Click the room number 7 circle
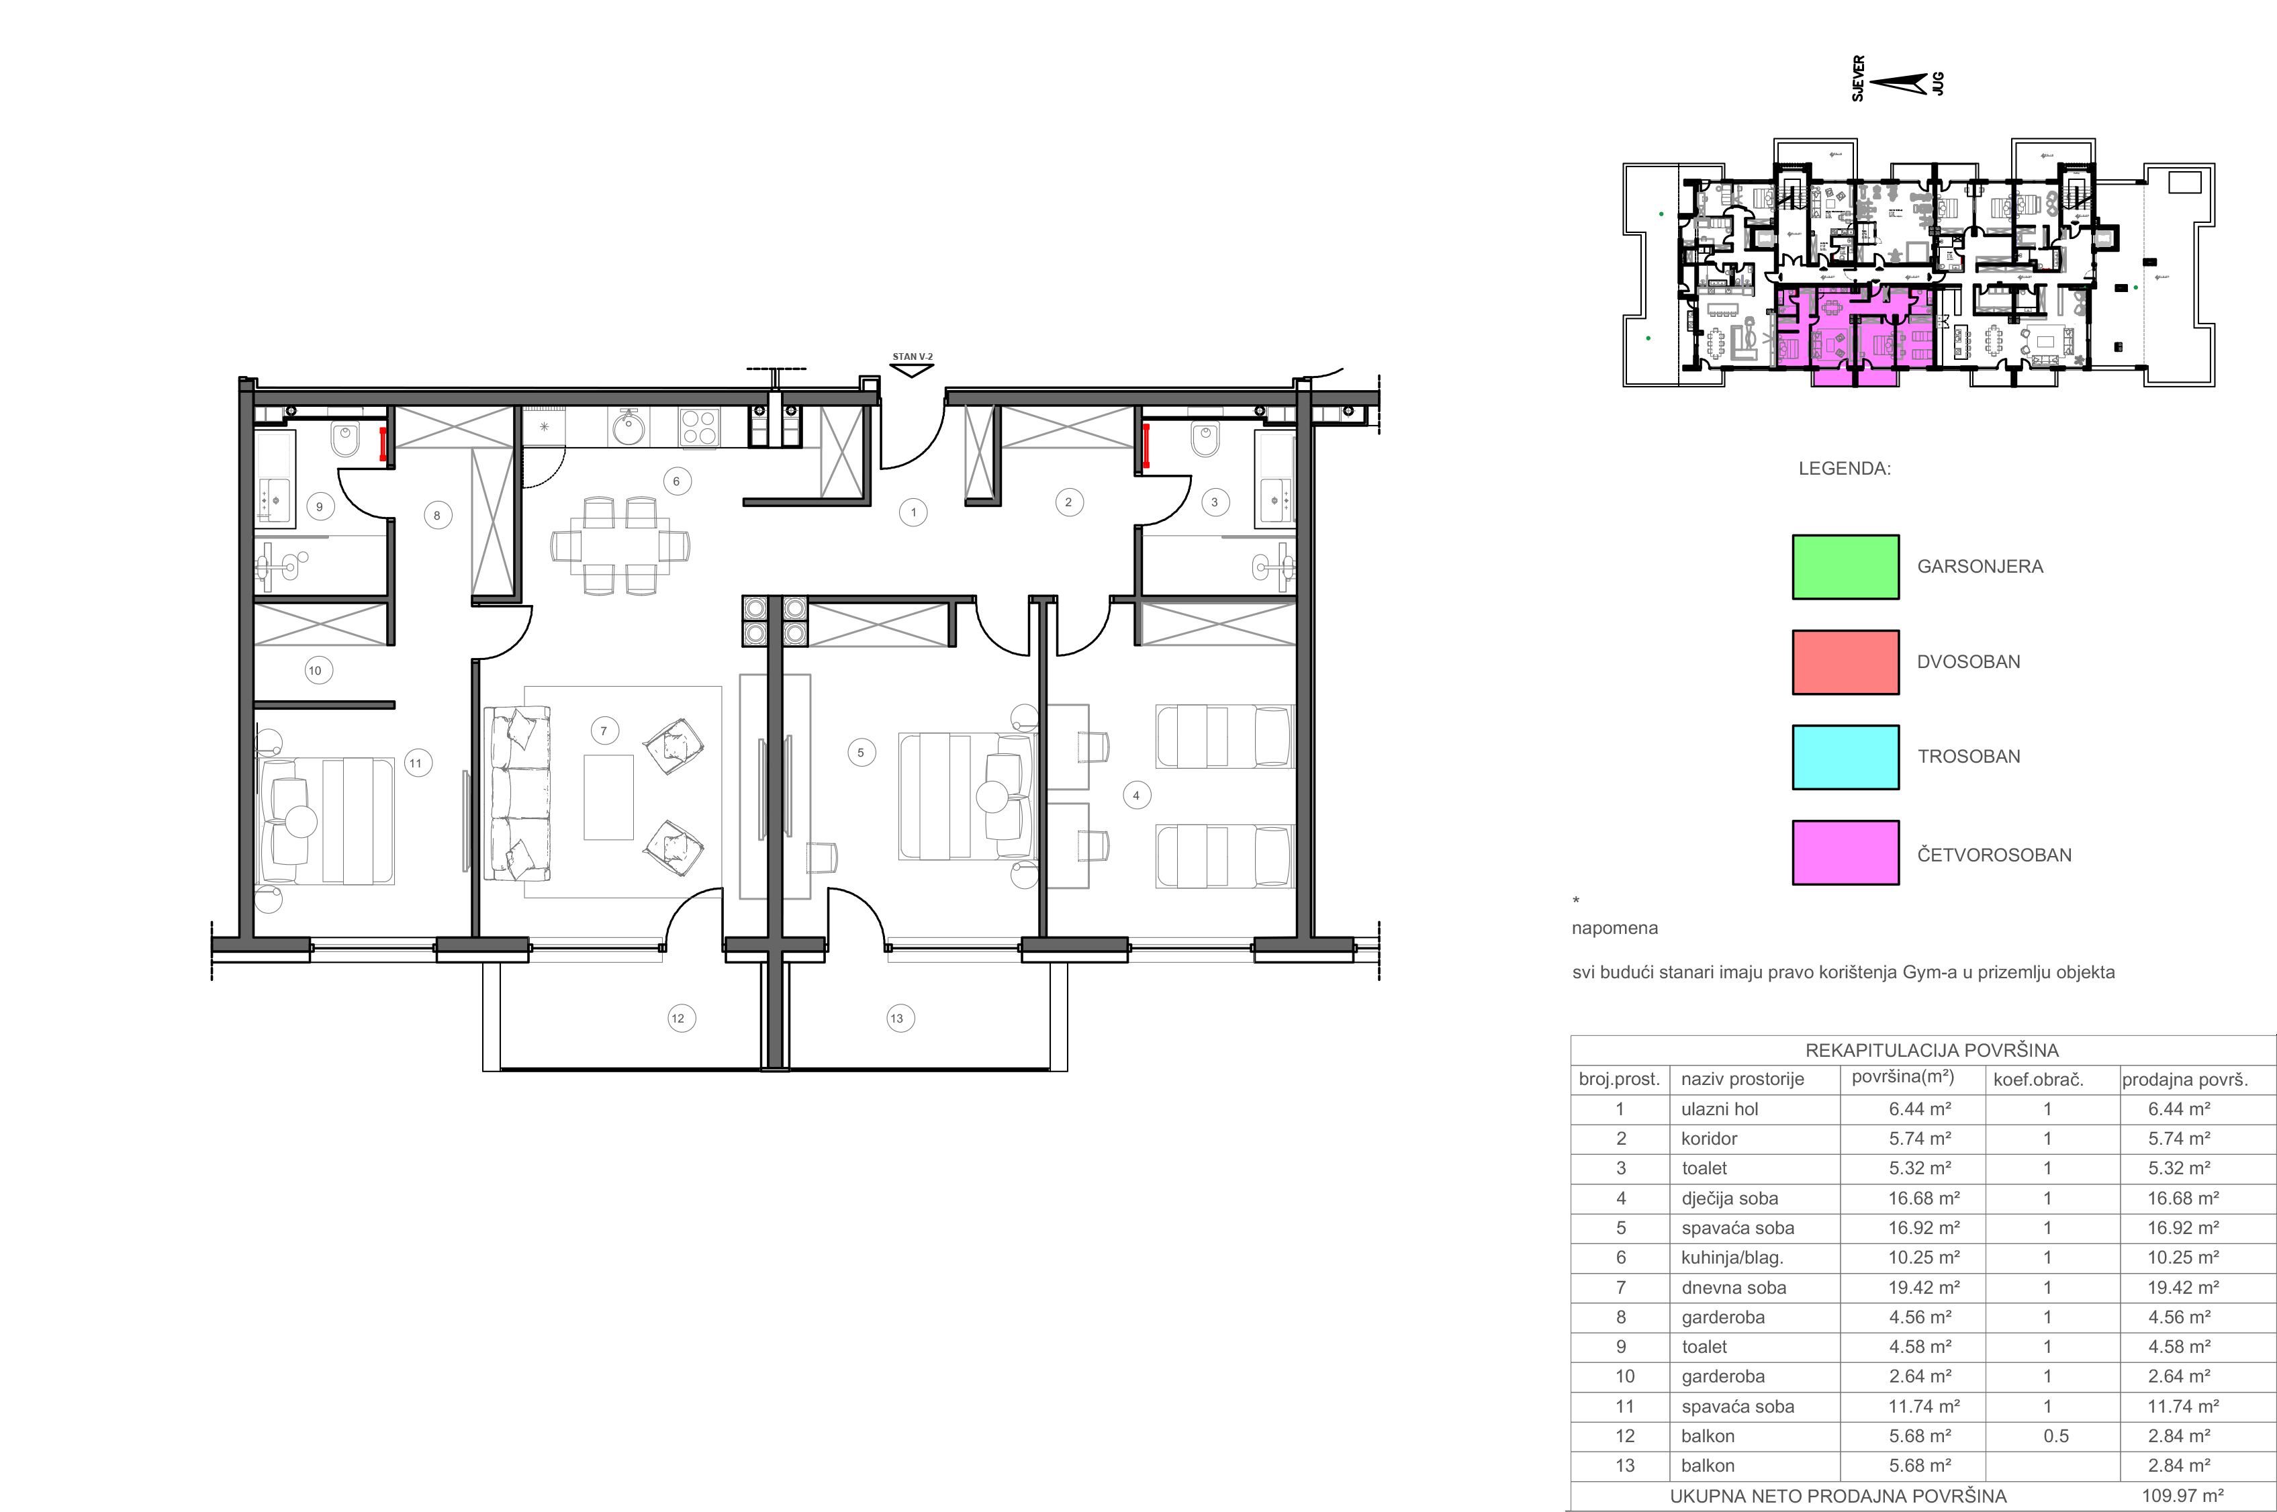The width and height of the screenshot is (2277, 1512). click(604, 731)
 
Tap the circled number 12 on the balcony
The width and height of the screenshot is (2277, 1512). click(678, 1019)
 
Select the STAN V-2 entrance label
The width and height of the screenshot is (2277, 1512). click(913, 357)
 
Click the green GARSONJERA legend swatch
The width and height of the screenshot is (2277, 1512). click(1845, 567)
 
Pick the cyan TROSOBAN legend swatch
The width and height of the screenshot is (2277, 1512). click(1845, 757)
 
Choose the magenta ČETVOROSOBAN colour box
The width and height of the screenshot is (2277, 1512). click(1845, 853)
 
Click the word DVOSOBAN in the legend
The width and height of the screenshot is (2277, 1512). click(1968, 661)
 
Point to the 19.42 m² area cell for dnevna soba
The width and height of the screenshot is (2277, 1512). click(1921, 1287)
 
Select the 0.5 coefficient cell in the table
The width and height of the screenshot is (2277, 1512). click(2055, 1436)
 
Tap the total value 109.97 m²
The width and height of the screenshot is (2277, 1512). click(2182, 1497)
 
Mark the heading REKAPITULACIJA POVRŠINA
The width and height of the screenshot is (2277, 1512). click(1932, 1050)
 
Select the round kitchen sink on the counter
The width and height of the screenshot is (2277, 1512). click(629, 427)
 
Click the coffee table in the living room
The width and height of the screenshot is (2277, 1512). click(608, 798)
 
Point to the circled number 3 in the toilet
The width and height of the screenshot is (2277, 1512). click(1214, 502)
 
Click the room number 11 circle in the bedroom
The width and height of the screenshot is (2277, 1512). click(416, 763)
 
